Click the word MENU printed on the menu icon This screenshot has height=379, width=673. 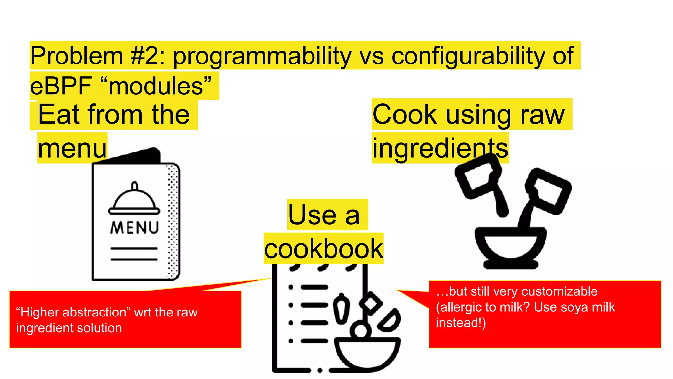point(135,228)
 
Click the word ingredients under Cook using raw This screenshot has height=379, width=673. point(440,148)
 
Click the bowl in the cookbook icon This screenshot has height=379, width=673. point(367,354)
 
